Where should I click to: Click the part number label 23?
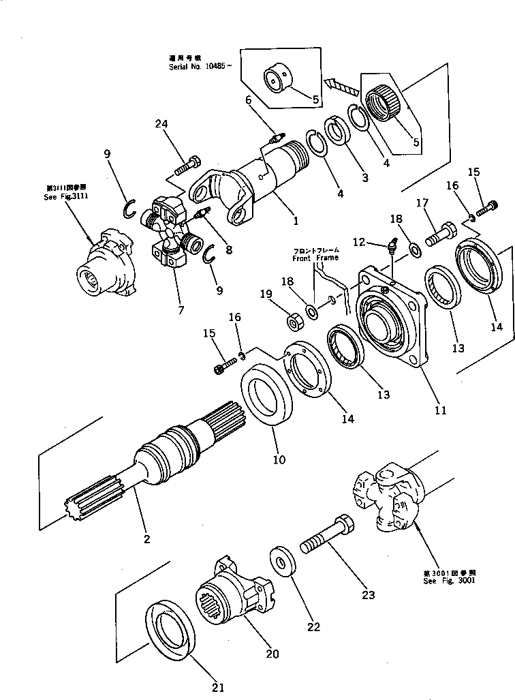tap(369, 594)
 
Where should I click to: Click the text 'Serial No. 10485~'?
tap(201, 67)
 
